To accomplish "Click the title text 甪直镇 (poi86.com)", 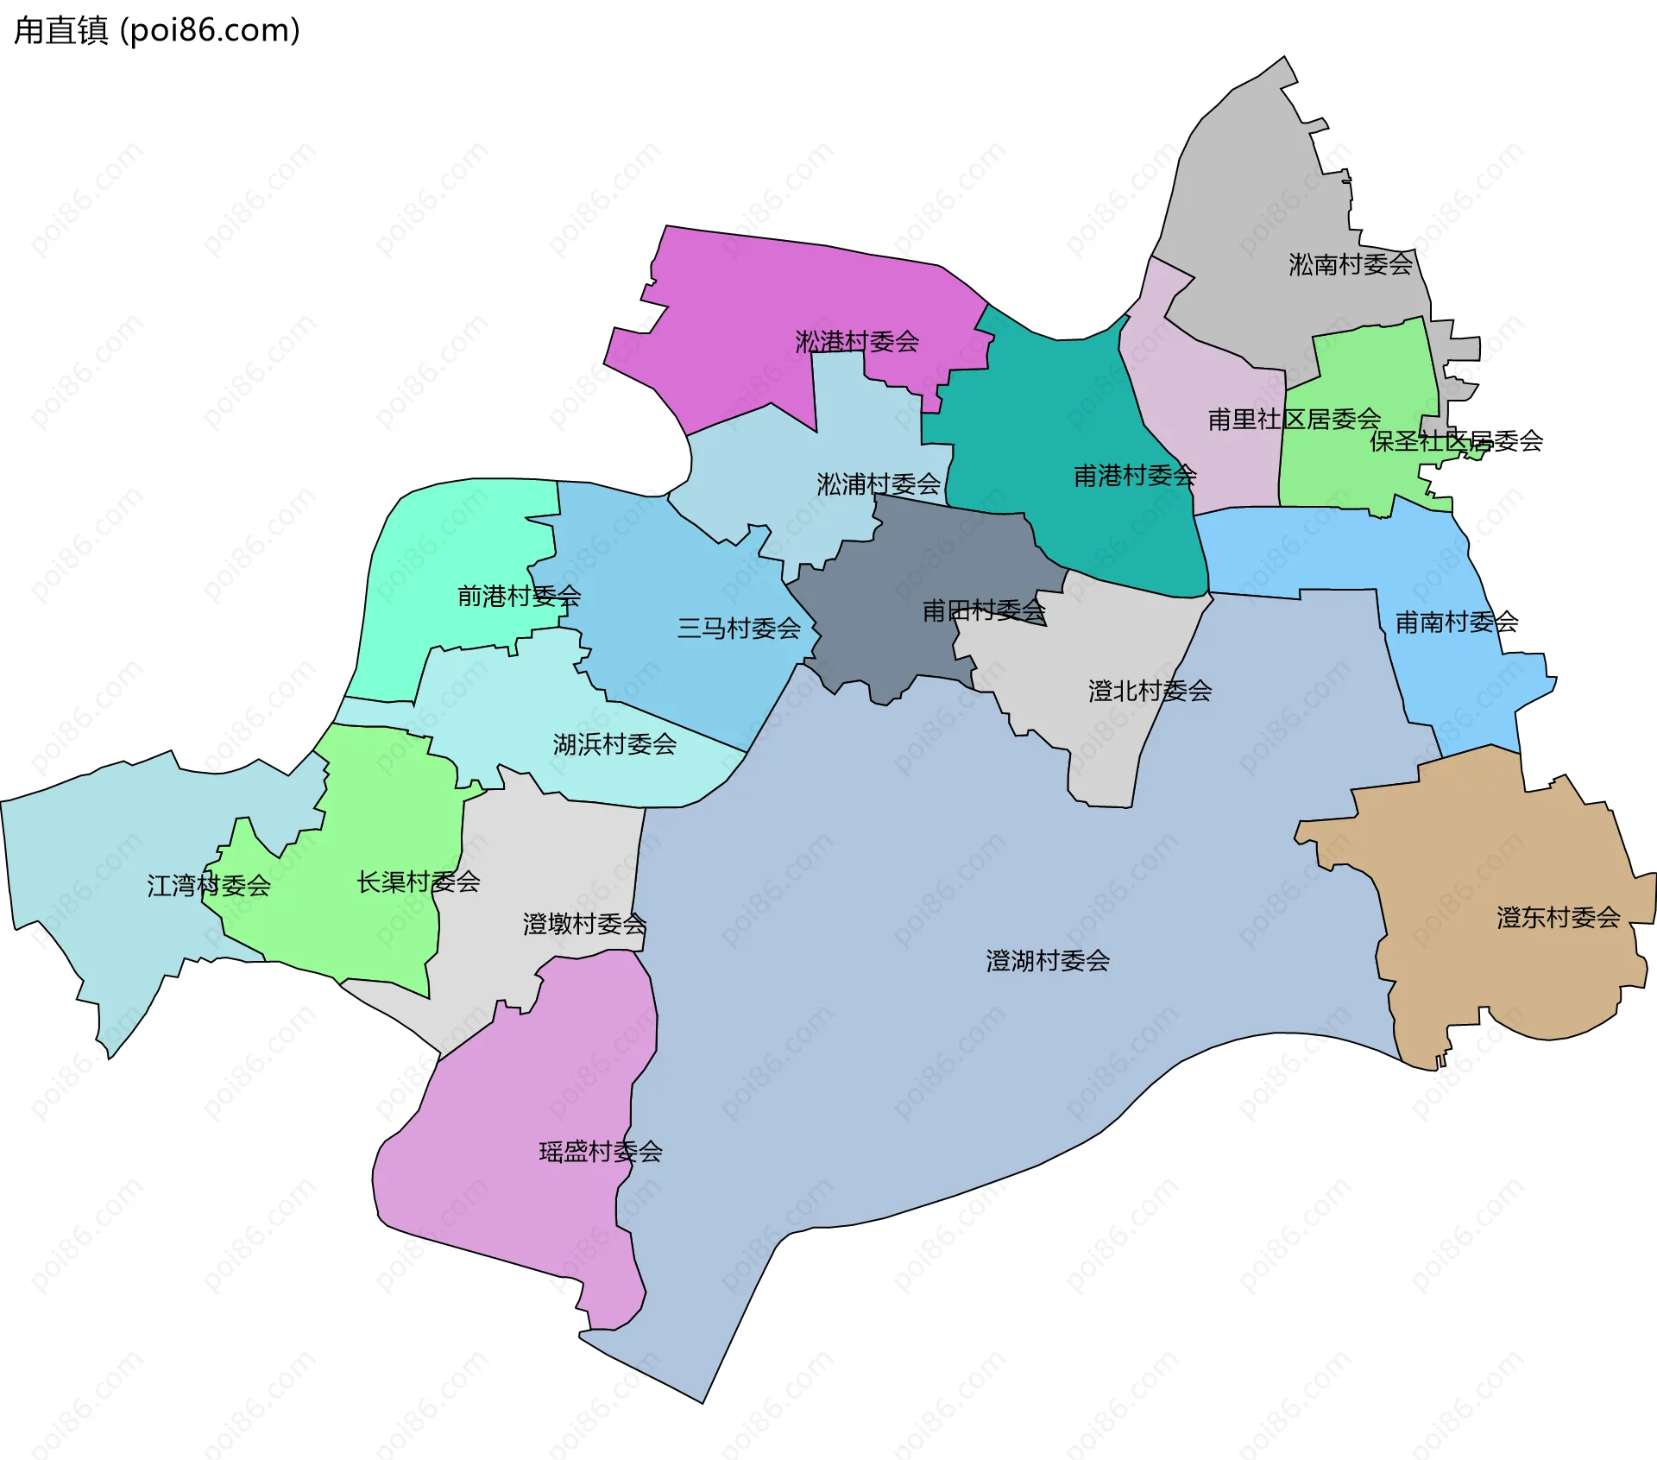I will click(x=157, y=30).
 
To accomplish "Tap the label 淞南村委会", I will click(x=1350, y=264).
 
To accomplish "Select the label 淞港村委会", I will click(x=856, y=342).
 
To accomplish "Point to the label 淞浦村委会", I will click(x=878, y=484).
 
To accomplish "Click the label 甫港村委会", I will click(x=1134, y=476).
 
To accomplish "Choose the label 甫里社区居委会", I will click(x=1294, y=420).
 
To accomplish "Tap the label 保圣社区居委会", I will click(x=1456, y=441).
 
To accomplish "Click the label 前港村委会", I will click(x=519, y=597).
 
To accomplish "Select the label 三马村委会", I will click(x=739, y=629).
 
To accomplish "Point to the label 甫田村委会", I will click(x=984, y=611).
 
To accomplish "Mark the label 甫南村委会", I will click(x=1457, y=623).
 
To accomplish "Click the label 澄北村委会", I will click(x=1150, y=692).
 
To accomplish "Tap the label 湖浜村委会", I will click(x=614, y=744).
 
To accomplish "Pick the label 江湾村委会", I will click(x=209, y=886).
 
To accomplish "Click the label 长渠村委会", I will click(x=419, y=882).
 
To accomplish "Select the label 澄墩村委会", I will click(x=584, y=925).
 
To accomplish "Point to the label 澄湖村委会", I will click(x=1048, y=961).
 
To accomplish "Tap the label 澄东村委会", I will click(x=1558, y=918).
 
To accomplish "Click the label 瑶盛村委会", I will click(x=601, y=1152).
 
